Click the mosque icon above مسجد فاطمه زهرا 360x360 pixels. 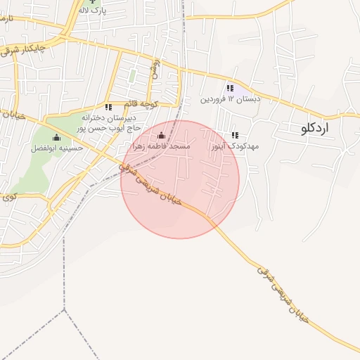[162, 136]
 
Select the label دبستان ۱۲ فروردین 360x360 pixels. [230, 99]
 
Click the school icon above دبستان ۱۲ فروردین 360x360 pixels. [230, 88]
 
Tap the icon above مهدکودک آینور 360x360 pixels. [235, 135]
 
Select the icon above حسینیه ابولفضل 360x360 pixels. [57, 137]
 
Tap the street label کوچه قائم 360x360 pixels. [157, 103]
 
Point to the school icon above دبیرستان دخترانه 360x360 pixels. [108, 107]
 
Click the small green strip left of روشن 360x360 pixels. [132, 75]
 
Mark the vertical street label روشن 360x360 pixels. [155, 68]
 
